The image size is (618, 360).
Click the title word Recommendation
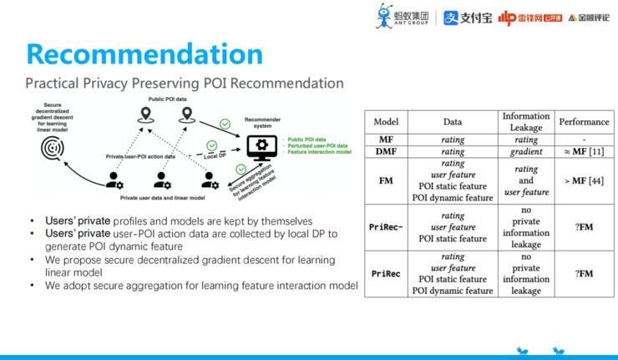point(144,53)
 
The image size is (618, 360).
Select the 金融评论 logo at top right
point(590,18)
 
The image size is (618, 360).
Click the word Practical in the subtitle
point(53,84)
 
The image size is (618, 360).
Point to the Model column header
point(387,122)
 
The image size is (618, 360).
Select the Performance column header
point(584,122)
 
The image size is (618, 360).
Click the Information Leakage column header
point(526,122)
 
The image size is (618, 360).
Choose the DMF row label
point(387,152)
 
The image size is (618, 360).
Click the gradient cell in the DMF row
point(526,152)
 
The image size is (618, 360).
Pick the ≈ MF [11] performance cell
point(584,152)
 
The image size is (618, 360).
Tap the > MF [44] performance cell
point(584,180)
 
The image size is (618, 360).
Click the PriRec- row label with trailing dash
point(387,227)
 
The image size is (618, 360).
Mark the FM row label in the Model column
point(387,180)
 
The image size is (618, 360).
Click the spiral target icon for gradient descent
point(53,148)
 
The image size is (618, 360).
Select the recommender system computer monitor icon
point(261,148)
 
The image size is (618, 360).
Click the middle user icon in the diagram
point(162,180)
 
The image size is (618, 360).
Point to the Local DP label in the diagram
point(216,156)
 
